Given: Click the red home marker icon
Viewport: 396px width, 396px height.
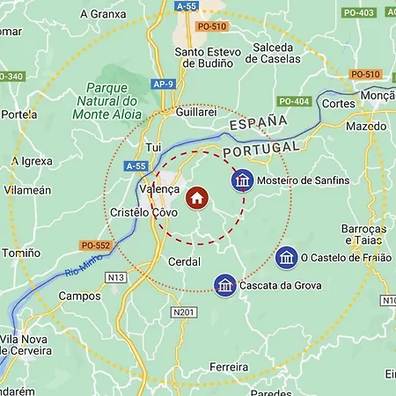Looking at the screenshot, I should tap(196, 197).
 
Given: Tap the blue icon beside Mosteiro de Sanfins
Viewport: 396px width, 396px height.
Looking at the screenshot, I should tap(242, 180).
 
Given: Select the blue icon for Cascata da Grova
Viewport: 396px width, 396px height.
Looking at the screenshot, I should tap(225, 285).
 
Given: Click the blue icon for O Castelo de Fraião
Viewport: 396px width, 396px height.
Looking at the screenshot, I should tap(286, 258).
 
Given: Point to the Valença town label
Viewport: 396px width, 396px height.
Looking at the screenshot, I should tap(159, 189).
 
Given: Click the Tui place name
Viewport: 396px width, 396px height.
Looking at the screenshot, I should tap(155, 147).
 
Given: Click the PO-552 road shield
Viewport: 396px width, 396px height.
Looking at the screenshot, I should tap(94, 246).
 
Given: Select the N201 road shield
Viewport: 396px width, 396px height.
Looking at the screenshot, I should tap(184, 312).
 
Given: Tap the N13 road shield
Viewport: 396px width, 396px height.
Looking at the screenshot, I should tap(116, 277).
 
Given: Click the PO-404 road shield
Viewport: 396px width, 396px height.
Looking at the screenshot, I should tap(295, 101).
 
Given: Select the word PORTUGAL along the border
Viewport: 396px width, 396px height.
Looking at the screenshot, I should tap(261, 150).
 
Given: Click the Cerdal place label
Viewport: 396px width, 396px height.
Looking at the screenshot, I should tap(184, 262).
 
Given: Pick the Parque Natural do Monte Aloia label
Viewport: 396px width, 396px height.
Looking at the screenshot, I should tap(120, 101).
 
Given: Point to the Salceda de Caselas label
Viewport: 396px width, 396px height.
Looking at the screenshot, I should tap(273, 53).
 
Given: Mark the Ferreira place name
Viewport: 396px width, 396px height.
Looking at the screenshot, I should tap(230, 366).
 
